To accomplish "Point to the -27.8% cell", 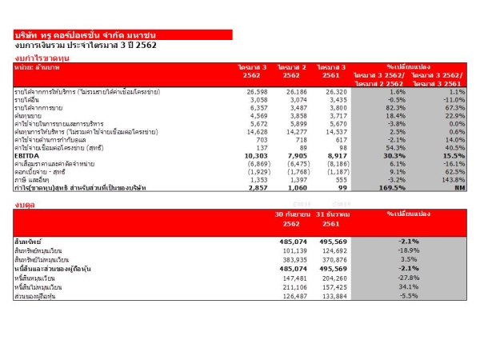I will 410,276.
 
